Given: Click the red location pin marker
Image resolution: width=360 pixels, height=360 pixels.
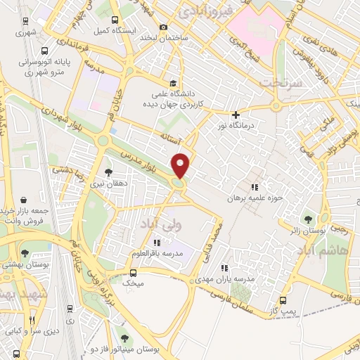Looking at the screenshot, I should click(181, 165).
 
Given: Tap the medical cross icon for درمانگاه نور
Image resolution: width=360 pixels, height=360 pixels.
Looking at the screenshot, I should click(236, 115).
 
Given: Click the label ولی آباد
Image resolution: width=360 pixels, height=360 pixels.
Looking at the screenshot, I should click(155, 225).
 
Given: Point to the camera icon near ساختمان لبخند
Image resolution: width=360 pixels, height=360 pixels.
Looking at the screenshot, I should click(164, 27).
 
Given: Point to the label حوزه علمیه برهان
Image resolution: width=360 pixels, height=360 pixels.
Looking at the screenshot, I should click(254, 198).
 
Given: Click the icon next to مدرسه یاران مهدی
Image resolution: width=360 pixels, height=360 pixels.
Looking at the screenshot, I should click(225, 267).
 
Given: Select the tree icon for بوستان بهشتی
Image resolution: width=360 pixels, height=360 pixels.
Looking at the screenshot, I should click(26, 253).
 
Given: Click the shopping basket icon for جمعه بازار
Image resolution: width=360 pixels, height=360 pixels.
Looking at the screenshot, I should click(25, 200).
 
